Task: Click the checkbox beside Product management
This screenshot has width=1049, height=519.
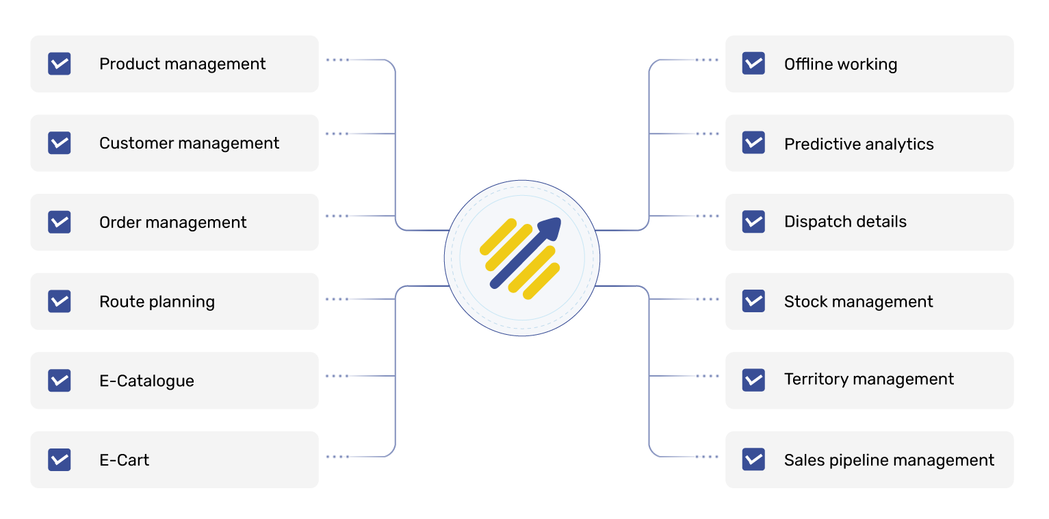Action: (x=60, y=64)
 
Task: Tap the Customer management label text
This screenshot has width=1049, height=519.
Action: (x=189, y=143)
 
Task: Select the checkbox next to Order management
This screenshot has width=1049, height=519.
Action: (x=60, y=222)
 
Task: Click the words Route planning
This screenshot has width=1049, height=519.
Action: (x=157, y=302)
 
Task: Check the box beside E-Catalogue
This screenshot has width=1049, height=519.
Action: (x=60, y=381)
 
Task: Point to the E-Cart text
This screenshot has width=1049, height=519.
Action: (x=124, y=460)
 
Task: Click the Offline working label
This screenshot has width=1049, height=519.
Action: (x=840, y=64)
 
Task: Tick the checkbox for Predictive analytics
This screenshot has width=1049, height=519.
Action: (x=753, y=142)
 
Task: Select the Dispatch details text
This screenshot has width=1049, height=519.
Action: (x=845, y=222)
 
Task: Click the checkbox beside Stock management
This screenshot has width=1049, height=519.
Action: (x=753, y=301)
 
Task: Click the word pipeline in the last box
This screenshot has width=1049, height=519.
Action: (x=856, y=461)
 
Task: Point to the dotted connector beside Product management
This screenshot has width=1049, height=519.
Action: (x=337, y=60)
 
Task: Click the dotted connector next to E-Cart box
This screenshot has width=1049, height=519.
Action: (x=337, y=456)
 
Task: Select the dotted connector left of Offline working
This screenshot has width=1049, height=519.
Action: (x=707, y=60)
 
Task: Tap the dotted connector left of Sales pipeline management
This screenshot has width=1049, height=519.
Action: (x=707, y=456)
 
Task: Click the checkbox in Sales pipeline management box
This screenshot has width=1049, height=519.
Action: (x=753, y=459)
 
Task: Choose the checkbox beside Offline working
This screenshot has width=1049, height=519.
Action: (x=753, y=64)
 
